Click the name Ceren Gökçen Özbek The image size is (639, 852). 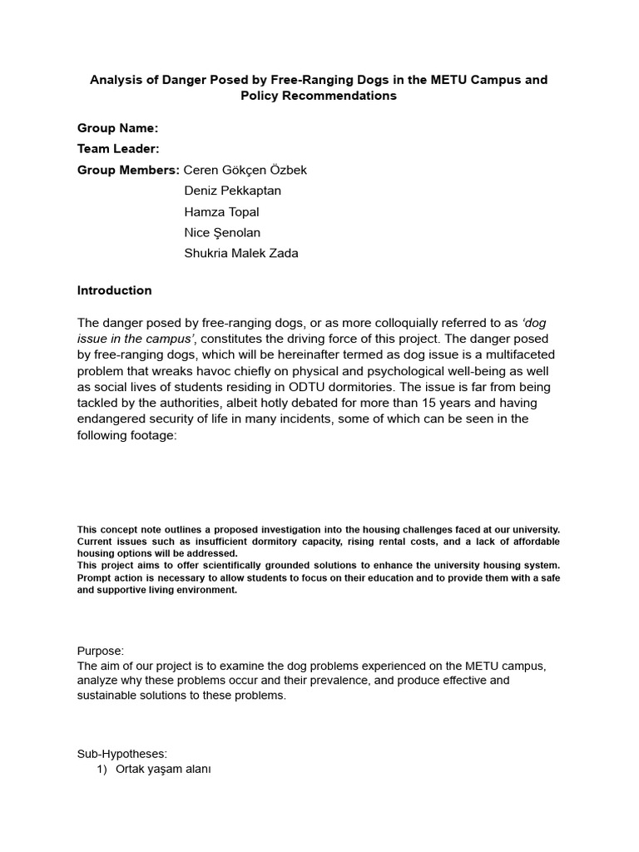pos(245,170)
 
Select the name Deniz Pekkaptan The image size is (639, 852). pos(232,191)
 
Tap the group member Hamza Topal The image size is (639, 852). pos(221,212)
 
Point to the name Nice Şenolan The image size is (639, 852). pos(222,233)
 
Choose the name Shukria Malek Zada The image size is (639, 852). pos(240,254)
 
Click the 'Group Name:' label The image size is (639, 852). pos(117,128)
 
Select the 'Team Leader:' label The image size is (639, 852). pos(118,149)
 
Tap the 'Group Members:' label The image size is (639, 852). pos(128,170)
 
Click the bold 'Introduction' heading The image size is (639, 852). pos(115,290)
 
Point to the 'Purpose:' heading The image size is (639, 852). pos(101,651)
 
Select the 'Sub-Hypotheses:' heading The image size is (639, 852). pos(122,754)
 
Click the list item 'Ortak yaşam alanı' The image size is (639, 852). pos(163,770)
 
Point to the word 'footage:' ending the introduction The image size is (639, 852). pos(151,435)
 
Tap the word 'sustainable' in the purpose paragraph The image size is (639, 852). pos(110,696)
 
